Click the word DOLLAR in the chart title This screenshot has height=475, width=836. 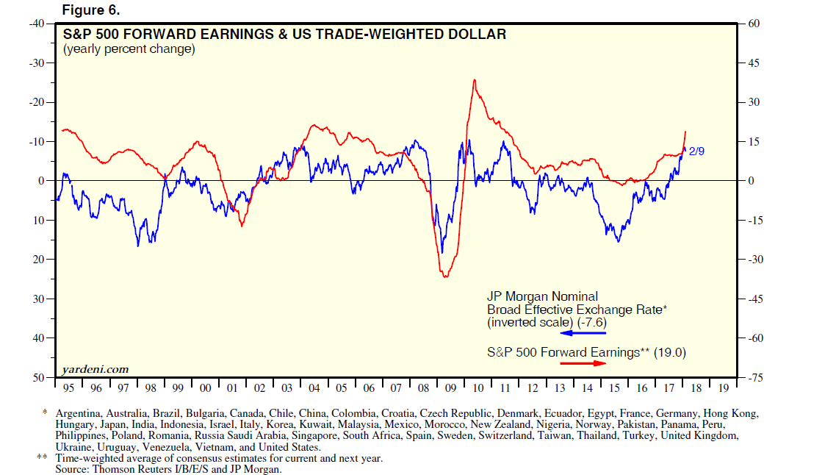coord(480,35)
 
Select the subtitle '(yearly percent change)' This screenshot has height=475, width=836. coord(129,49)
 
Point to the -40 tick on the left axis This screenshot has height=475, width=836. coord(36,24)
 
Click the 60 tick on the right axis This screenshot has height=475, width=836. coord(754,24)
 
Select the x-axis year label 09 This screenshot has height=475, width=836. coord(450,387)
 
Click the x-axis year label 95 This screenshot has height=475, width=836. coord(68,387)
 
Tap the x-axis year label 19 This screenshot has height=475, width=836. coord(723,387)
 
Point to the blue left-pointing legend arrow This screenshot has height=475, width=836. coord(585,333)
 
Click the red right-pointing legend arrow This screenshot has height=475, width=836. coord(584,363)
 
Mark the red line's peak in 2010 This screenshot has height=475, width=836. coord(475,79)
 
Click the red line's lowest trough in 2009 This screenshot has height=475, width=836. coord(445,276)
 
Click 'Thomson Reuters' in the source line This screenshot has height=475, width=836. coord(131,468)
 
